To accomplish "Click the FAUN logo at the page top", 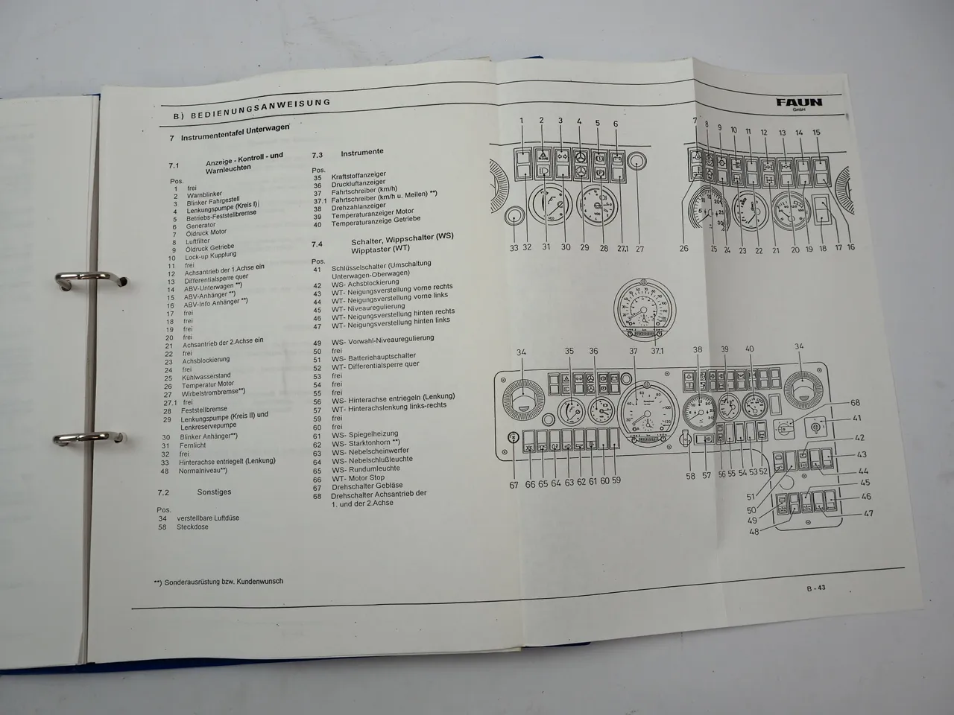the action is [798, 102].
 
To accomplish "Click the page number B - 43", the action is [815, 588].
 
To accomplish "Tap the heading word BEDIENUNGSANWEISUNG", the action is [260, 109].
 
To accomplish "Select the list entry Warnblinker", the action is [204, 196].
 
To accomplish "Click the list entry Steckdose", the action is [192, 527].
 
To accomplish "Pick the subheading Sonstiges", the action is [215, 492].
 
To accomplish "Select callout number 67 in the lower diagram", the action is [514, 485].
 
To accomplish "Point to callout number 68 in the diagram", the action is [855, 404].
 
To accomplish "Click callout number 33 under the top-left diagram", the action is [514, 248].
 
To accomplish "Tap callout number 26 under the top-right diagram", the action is [684, 249].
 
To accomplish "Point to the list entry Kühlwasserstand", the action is [206, 377].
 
